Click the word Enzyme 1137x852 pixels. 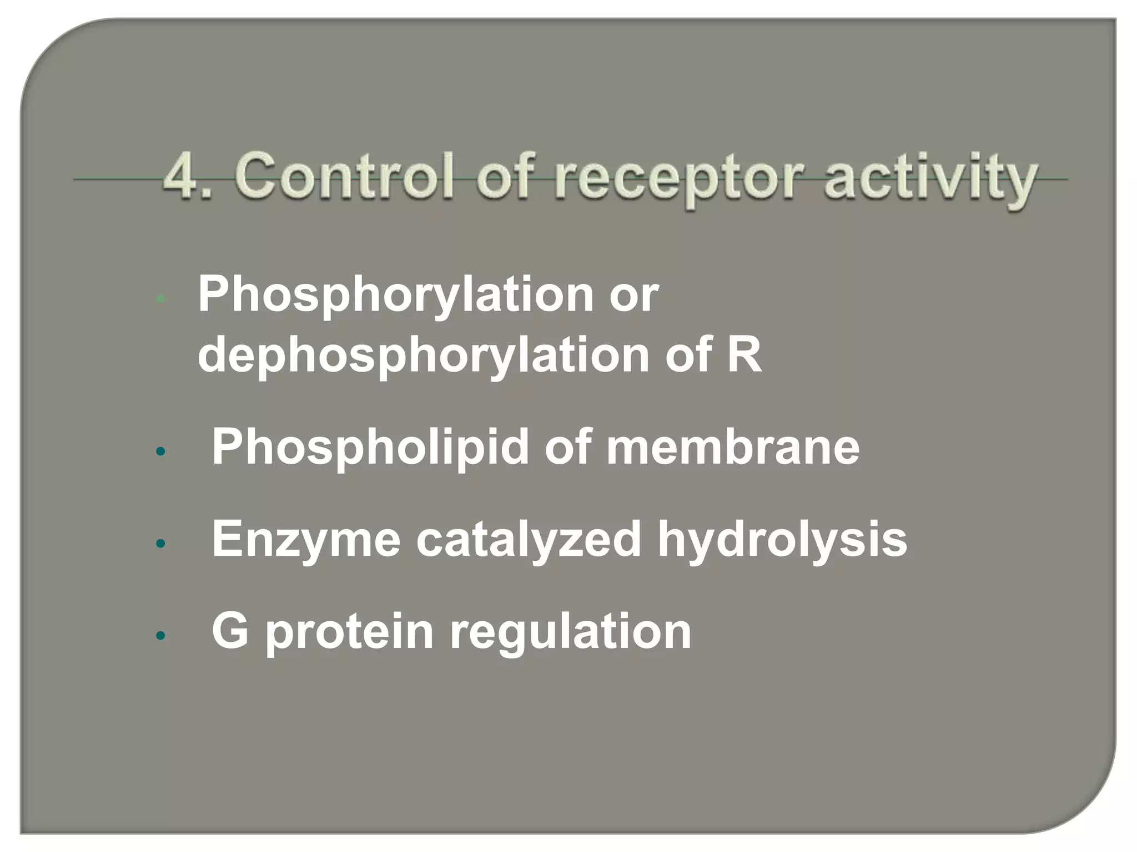306,539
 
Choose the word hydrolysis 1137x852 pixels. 782,539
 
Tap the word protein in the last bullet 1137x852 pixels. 350,632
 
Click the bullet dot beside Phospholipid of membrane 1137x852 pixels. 160,452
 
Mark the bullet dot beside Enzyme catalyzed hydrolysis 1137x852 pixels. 160,544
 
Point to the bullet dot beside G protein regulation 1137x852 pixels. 160,636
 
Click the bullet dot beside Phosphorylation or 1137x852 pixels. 160,300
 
